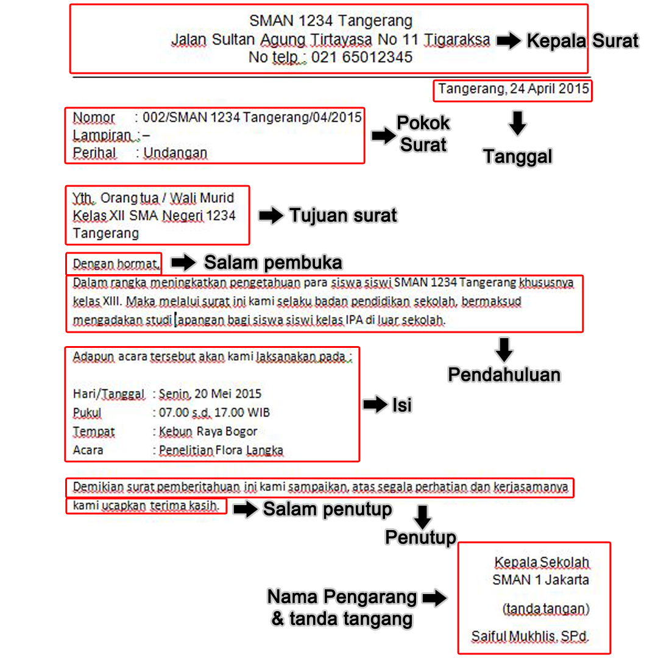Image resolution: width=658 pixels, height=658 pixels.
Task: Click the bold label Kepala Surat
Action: point(582,41)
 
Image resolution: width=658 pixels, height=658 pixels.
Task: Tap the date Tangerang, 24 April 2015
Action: point(513,90)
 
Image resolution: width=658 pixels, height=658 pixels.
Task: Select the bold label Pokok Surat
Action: point(423,134)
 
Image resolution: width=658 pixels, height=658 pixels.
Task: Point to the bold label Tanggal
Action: point(518,157)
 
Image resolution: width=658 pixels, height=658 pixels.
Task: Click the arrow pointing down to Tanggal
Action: point(517,123)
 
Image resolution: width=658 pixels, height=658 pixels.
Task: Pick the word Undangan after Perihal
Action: point(175,153)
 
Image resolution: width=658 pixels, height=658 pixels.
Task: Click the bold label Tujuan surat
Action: point(343,215)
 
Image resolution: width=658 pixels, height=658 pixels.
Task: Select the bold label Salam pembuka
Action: point(273,263)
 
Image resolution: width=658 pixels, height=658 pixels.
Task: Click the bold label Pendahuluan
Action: point(504,375)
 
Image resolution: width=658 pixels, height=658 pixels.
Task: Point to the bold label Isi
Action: point(402,405)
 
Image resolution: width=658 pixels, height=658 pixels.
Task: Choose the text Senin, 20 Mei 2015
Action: point(210,394)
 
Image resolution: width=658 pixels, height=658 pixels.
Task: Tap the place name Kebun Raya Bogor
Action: point(208,431)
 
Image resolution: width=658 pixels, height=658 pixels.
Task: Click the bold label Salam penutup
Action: point(327,509)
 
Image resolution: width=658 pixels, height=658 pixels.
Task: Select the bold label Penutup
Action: point(421,537)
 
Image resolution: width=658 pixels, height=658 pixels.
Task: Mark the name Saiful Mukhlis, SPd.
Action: point(530,637)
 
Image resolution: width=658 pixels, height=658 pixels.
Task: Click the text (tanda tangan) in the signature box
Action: point(546,608)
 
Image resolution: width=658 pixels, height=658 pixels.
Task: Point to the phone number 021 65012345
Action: point(362,58)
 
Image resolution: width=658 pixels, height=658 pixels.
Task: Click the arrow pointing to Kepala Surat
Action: point(509,41)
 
